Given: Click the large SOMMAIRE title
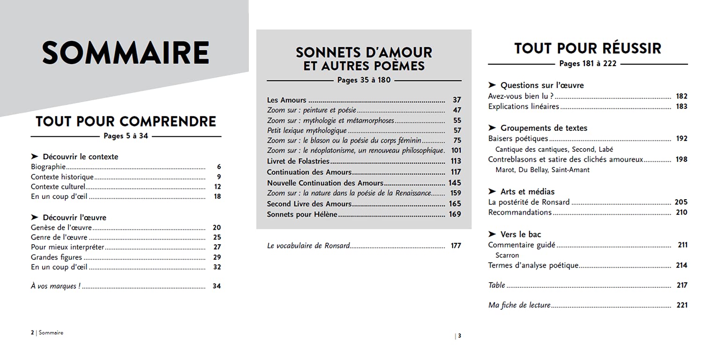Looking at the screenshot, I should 126,52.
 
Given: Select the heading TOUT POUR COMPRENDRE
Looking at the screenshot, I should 126,121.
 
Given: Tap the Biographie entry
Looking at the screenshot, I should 48,167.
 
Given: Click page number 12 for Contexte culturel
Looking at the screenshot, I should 217,187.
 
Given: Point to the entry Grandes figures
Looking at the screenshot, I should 56,257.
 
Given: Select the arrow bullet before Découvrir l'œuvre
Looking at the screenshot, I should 34,217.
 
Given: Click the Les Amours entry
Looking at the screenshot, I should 286,100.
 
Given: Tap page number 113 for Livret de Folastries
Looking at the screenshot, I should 456,161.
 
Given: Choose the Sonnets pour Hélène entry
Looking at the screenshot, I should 302,214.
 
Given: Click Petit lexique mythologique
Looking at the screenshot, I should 307,130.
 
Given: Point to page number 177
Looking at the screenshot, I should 456,245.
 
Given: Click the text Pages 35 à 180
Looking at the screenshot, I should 364,80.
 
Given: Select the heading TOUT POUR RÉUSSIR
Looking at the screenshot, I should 588,48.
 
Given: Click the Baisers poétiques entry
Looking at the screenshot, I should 518,139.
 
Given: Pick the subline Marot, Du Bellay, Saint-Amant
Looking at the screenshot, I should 542,170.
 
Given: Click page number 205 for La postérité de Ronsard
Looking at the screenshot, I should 681,202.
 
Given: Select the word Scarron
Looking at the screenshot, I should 507,255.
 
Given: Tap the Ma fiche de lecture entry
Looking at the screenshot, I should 519,305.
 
